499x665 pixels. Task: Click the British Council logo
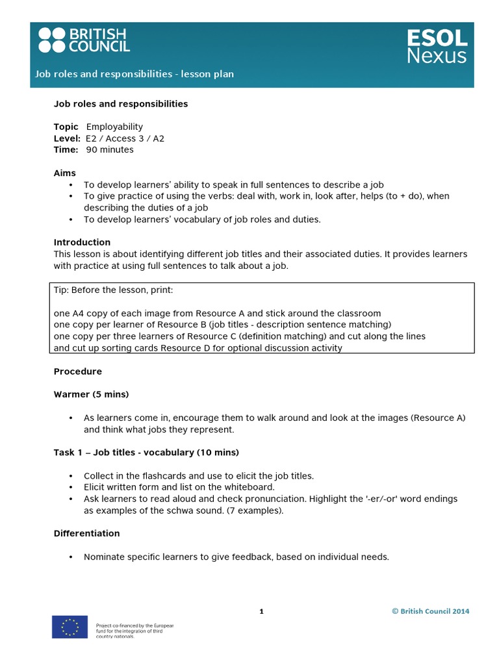[x=84, y=40]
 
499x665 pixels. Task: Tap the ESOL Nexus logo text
[x=436, y=46]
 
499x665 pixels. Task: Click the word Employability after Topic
[x=114, y=127]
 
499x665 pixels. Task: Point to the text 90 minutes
[x=109, y=149]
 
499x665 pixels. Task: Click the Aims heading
[x=64, y=173]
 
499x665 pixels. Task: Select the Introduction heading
[x=82, y=242]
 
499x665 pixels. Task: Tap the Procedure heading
[x=77, y=371]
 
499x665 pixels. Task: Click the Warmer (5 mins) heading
[x=91, y=394]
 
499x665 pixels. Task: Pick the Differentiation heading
[x=86, y=533]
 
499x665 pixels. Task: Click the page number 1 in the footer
[x=261, y=611]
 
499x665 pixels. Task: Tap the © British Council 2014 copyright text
[x=430, y=611]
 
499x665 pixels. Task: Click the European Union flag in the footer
[x=70, y=627]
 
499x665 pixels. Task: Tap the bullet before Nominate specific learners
[x=70, y=557]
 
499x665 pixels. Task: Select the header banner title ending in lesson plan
[x=134, y=74]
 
